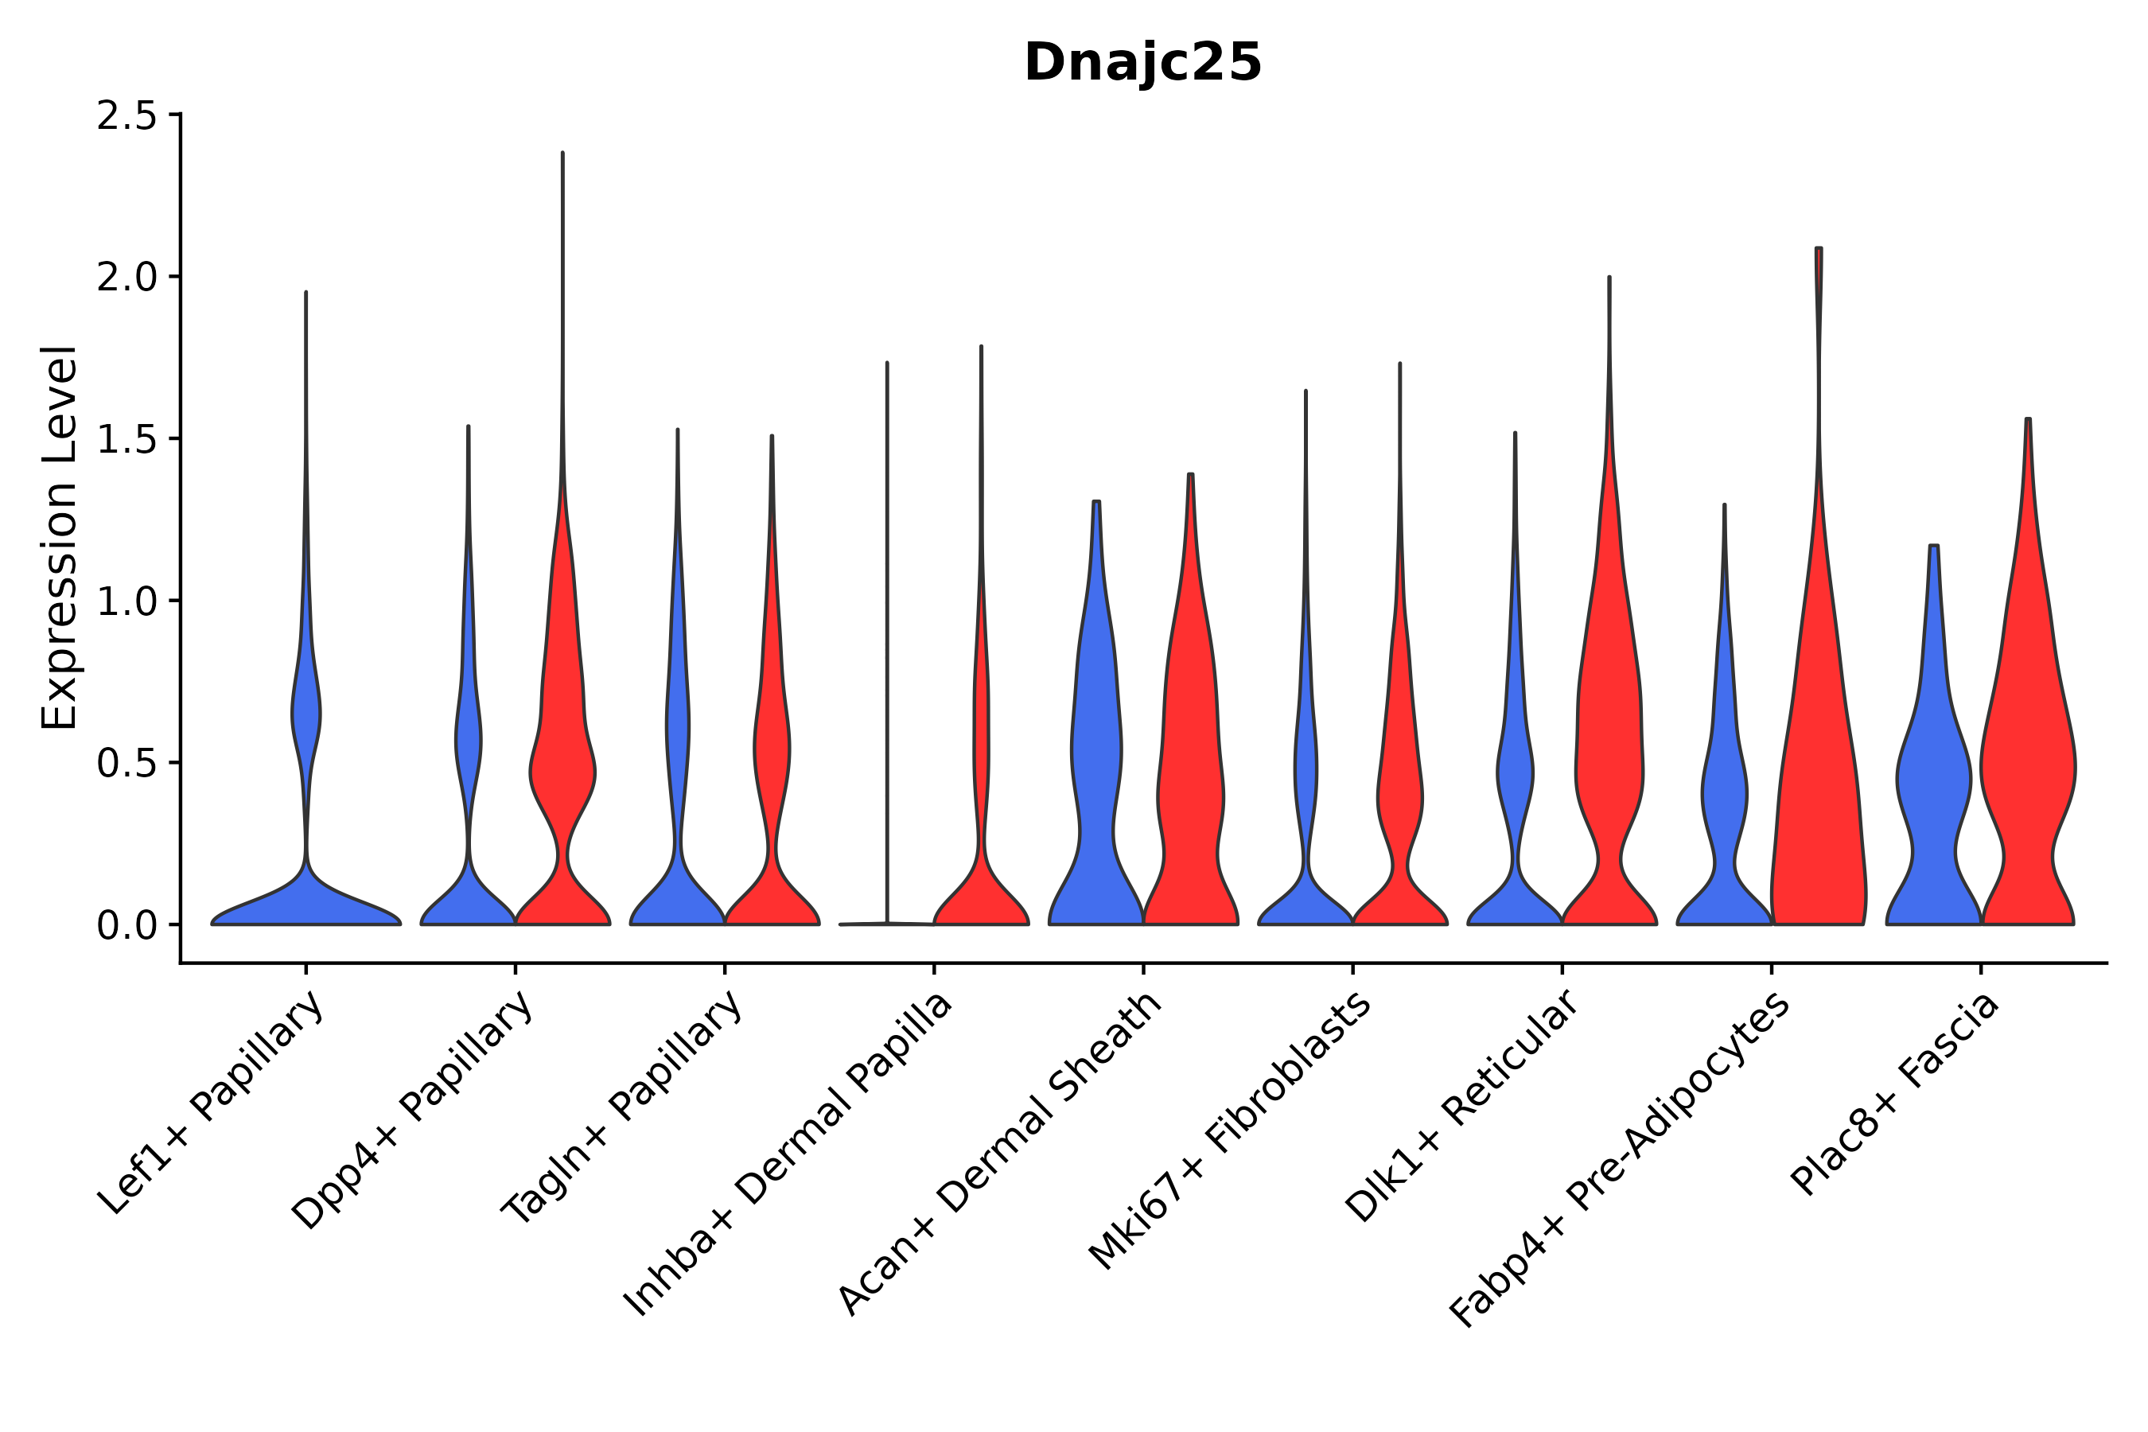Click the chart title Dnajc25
pos(1142,63)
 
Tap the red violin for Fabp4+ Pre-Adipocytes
pos(1817,776)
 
